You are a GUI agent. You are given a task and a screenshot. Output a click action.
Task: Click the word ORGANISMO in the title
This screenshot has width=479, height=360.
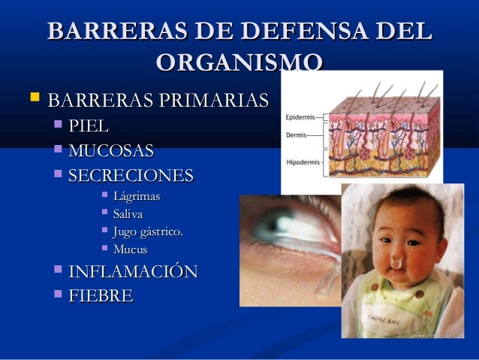pos(240,62)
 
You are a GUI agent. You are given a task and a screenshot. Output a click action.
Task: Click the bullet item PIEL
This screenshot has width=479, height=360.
pos(89,126)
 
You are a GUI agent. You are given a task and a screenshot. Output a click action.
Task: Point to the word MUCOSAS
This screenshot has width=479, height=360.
pos(111,150)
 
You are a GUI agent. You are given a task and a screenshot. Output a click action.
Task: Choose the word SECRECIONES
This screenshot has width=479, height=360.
pos(131,176)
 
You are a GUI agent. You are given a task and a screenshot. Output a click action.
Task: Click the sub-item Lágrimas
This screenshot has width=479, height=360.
pos(136,197)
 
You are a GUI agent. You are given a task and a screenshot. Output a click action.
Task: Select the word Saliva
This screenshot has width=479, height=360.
pos(128,214)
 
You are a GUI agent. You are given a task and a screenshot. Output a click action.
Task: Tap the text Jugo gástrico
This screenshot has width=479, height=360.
pos(147,232)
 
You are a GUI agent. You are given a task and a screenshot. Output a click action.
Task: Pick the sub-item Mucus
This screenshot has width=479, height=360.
pos(130,250)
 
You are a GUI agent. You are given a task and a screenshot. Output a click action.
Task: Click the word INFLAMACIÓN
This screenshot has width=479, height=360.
pos(133,272)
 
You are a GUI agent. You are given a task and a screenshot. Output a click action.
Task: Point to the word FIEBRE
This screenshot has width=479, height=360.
pos(101,296)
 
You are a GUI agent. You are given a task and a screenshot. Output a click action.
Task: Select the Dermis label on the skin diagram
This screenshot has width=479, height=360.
pos(295,136)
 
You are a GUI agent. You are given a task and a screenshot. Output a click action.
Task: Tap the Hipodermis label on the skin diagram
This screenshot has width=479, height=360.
pos(301,162)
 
